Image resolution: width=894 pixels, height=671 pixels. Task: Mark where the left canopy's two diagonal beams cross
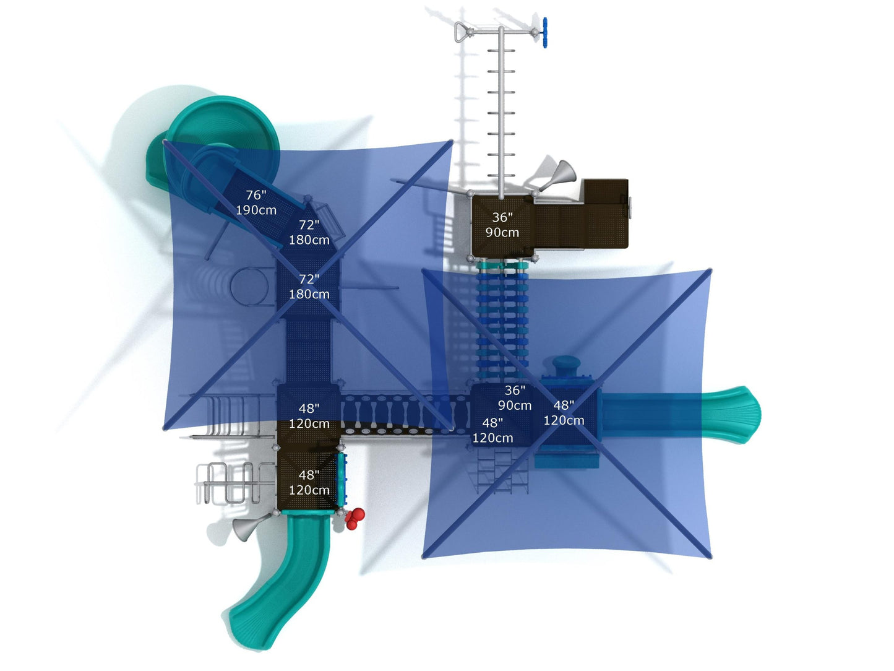(308, 285)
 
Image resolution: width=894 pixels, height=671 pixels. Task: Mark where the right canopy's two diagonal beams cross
(567, 413)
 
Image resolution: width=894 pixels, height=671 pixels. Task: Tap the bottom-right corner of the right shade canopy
(710, 557)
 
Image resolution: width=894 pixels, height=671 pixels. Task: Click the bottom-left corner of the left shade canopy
(165, 428)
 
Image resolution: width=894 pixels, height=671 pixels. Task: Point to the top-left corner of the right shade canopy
(424, 270)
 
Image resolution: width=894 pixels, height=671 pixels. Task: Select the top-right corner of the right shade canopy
(710, 270)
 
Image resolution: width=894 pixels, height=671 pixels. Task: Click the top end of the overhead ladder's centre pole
(501, 28)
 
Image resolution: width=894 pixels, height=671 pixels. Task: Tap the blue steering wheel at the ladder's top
(544, 33)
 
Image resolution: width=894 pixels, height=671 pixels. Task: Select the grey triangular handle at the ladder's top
(462, 32)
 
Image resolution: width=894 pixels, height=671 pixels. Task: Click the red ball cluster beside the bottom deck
(355, 519)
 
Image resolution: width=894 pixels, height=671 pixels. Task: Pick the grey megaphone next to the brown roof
(557, 175)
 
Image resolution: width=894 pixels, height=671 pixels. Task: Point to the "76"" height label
(256, 195)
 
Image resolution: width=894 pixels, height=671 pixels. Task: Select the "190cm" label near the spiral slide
(256, 210)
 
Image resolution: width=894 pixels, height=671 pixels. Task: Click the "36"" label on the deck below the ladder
(502, 217)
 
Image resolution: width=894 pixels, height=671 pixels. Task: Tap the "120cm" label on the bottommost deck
(309, 490)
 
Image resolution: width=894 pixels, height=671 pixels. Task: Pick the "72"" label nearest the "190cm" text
(309, 225)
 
